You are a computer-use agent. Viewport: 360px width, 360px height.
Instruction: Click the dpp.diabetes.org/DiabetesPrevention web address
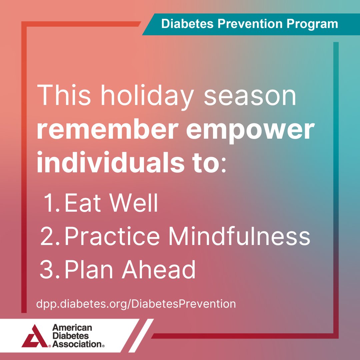[x=136, y=304]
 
